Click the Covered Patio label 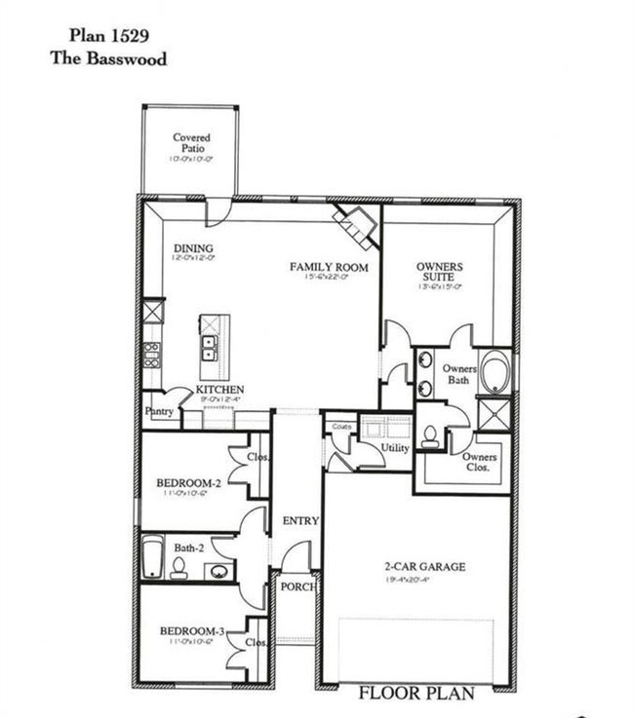click(x=191, y=144)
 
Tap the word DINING click(x=193, y=248)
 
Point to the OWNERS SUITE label click(x=439, y=272)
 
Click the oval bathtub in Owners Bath click(x=495, y=373)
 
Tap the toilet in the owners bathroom click(x=428, y=436)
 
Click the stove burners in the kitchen click(x=152, y=354)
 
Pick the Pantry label click(x=159, y=412)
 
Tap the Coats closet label click(x=340, y=427)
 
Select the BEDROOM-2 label click(x=189, y=482)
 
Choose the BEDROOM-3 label click(x=192, y=632)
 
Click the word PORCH click(x=295, y=586)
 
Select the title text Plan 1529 click(x=108, y=37)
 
